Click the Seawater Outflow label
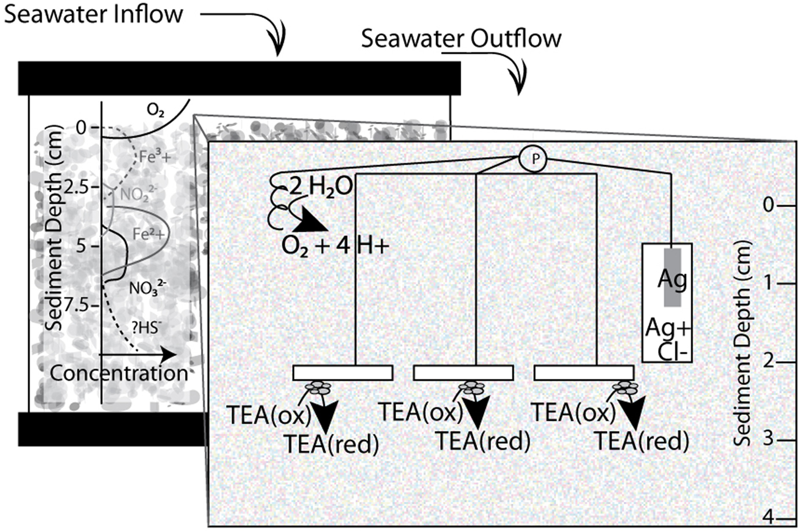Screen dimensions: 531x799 (x=461, y=39)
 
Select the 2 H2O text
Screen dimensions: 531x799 (x=320, y=187)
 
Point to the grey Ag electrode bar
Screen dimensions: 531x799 (x=672, y=277)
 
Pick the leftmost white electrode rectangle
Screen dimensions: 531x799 (x=343, y=373)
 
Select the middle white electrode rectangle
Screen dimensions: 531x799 (x=463, y=373)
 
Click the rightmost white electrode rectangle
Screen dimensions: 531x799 (x=584, y=373)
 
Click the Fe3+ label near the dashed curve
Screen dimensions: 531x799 (x=155, y=157)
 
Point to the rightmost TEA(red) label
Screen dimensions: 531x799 (x=642, y=441)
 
